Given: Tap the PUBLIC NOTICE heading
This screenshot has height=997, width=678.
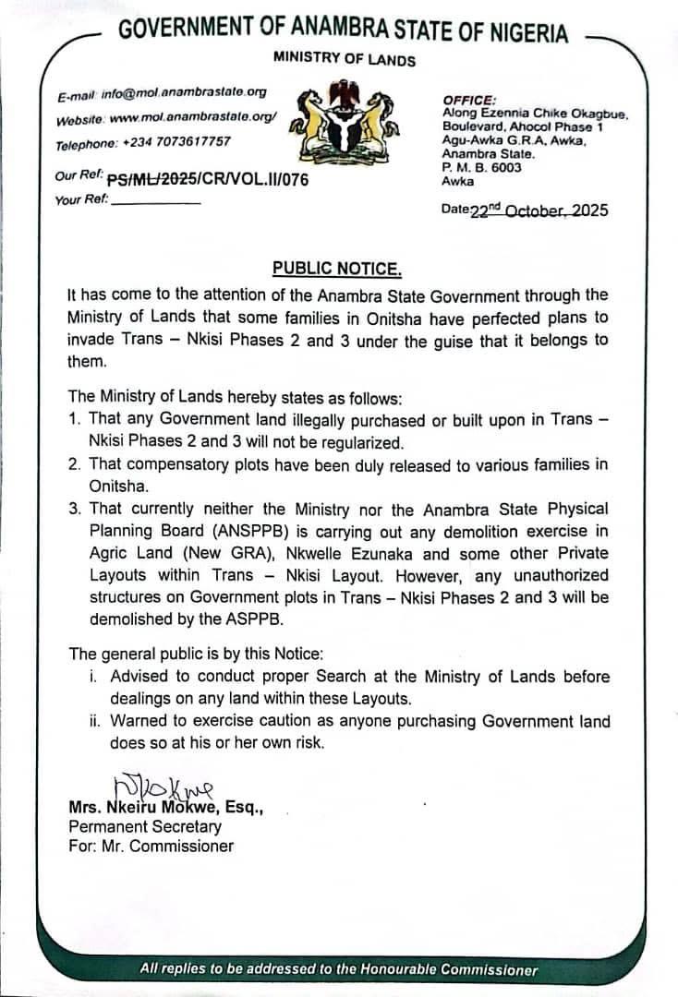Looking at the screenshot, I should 337,269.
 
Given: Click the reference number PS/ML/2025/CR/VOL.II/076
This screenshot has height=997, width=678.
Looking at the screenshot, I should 208,180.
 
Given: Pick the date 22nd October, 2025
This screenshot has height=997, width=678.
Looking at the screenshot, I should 539,210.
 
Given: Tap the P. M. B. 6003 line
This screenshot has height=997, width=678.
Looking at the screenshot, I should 481,168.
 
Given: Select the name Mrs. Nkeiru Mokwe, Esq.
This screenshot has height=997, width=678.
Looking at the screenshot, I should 167,808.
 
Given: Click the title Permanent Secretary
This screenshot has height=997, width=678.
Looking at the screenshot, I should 145,827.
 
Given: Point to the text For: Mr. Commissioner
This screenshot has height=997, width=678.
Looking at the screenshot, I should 151,846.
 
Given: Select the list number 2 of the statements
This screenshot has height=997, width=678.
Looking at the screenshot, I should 75,464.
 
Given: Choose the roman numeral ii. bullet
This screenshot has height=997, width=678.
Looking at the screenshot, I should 95,721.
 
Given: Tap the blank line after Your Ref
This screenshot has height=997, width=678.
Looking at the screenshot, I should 155,200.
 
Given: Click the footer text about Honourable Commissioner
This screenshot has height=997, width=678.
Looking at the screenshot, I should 339,969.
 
